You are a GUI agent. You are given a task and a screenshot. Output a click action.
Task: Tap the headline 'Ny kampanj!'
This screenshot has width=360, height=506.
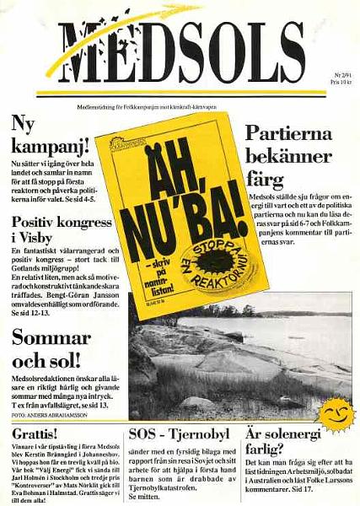[47, 136]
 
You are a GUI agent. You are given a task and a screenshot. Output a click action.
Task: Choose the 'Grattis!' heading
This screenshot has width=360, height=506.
[32, 433]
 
